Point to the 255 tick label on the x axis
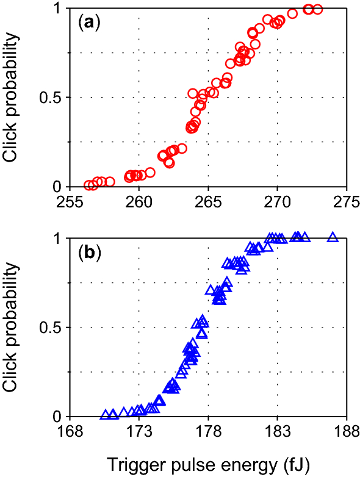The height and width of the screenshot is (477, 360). (x=70, y=201)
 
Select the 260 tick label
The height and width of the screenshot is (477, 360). (x=139, y=201)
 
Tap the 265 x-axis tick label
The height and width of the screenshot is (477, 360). (x=208, y=201)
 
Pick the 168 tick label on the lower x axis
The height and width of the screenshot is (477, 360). (x=70, y=432)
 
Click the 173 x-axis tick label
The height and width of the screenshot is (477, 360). (x=139, y=432)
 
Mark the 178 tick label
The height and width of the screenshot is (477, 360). (x=208, y=432)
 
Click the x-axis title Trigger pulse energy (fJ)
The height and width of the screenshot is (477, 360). (x=207, y=464)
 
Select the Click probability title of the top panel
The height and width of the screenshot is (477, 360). (x=13, y=96)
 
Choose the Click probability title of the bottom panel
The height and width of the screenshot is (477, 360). (x=13, y=327)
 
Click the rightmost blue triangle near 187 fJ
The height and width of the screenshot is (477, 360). (x=333, y=237)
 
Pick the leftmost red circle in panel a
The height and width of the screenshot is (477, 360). (x=88, y=185)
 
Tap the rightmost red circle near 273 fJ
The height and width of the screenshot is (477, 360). (x=317, y=9)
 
